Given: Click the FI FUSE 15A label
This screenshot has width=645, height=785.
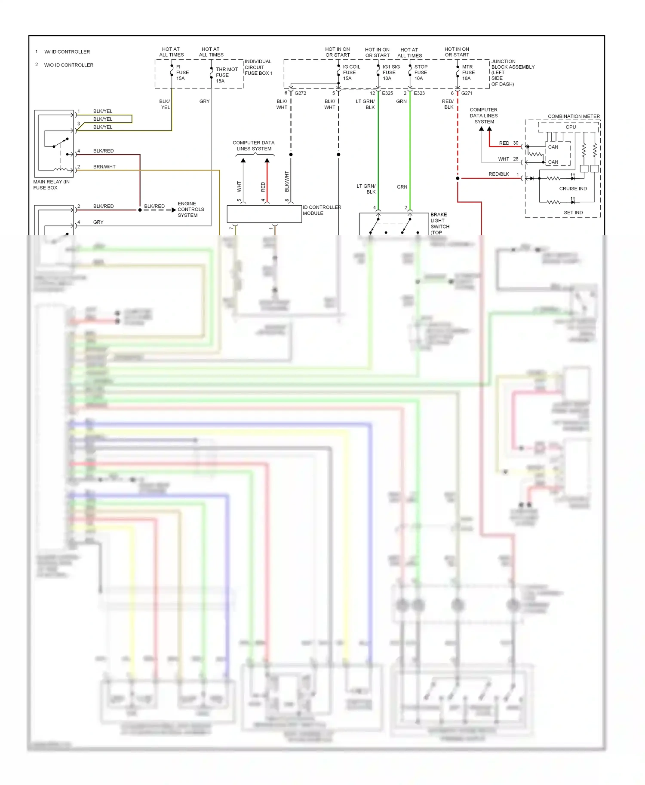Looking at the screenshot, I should click(x=182, y=73).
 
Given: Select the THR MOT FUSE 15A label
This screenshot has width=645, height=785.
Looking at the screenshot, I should click(x=226, y=75).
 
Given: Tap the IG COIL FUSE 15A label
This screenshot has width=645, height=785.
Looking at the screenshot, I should click(x=351, y=73).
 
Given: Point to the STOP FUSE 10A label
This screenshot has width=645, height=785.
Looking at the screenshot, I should click(x=421, y=73).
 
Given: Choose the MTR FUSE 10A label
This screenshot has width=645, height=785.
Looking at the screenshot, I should click(x=468, y=73).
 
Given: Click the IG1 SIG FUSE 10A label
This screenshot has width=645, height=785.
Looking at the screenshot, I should click(x=390, y=73).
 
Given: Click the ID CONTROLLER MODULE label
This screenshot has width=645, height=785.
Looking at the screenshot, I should click(x=321, y=210).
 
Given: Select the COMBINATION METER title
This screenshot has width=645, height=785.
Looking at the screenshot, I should click(x=573, y=116).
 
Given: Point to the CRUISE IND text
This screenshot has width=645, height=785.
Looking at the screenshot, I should click(x=573, y=189).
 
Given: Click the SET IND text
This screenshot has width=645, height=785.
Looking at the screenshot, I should click(x=573, y=213).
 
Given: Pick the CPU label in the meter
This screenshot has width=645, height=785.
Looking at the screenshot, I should click(x=571, y=127).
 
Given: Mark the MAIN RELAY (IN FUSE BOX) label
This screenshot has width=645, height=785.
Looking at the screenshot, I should click(x=51, y=185).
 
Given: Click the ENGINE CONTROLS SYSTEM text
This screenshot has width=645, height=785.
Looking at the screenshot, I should click(x=190, y=210).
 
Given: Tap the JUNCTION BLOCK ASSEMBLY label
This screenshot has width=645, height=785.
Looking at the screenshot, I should click(x=512, y=73).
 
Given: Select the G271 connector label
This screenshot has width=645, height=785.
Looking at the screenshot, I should click(x=467, y=93).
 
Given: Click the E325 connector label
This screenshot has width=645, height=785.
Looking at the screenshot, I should click(x=387, y=93).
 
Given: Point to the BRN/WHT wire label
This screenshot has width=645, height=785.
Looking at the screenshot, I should click(x=104, y=167).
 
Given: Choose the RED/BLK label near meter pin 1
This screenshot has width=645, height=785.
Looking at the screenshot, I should click(x=498, y=174).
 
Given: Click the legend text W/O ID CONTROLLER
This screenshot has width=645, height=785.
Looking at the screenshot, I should click(x=68, y=65).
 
